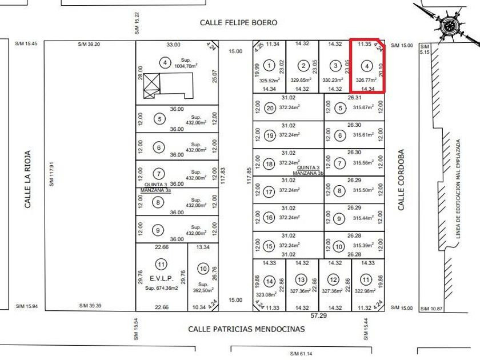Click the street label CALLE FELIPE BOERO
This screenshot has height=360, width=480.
[x=238, y=22]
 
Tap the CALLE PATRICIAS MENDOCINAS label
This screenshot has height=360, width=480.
[x=247, y=329]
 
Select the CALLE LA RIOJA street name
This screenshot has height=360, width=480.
[x=27, y=179]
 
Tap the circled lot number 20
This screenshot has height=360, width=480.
[x=271, y=108]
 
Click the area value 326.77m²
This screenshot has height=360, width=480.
[x=366, y=80]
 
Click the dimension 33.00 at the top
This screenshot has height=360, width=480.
[x=173, y=45]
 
